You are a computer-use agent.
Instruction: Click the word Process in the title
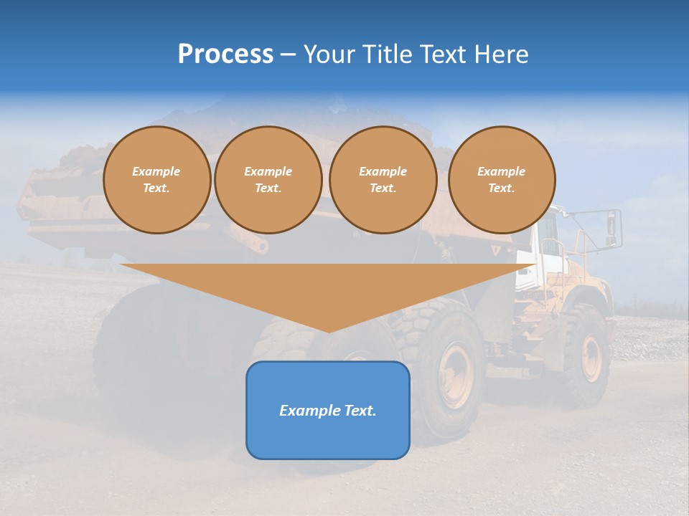pyautogui.click(x=225, y=54)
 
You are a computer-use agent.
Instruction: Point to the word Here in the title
pyautogui.click(x=502, y=54)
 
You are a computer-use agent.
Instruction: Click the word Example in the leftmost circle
pyautogui.click(x=156, y=171)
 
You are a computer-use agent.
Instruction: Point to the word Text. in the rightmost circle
pyautogui.click(x=502, y=188)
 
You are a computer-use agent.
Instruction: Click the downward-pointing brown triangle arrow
pyautogui.click(x=328, y=287)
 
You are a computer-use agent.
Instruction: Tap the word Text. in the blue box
pyautogui.click(x=361, y=411)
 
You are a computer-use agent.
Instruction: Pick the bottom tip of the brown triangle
pyautogui.click(x=329, y=330)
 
